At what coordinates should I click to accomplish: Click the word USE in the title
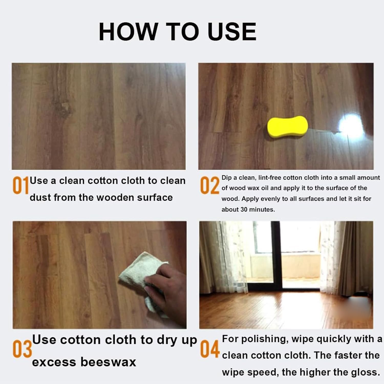pyautogui.click(x=232, y=31)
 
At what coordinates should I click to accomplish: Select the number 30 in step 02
pyautogui.click(x=244, y=209)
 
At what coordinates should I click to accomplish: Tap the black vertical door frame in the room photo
pyautogui.click(x=276, y=256)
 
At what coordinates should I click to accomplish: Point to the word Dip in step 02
pyautogui.click(x=226, y=178)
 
